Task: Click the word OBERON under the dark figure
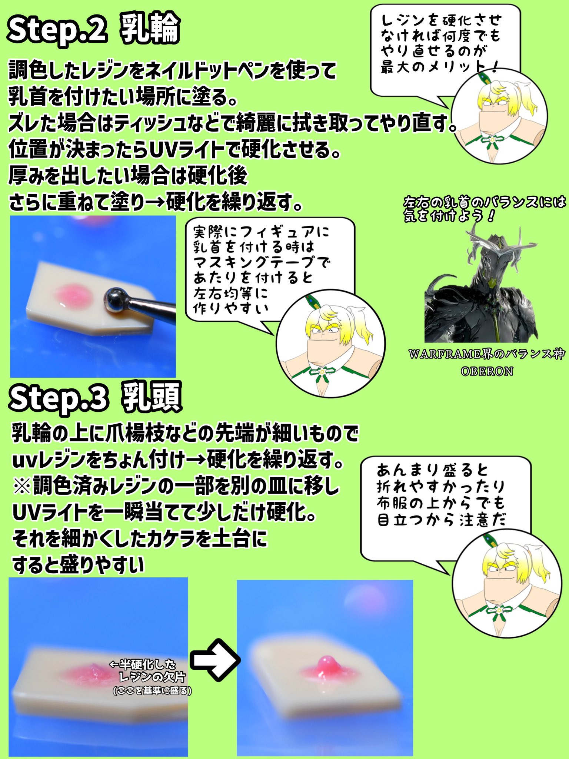point(487,371)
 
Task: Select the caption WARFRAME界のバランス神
point(487,355)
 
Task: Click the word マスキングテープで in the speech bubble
point(261,263)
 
